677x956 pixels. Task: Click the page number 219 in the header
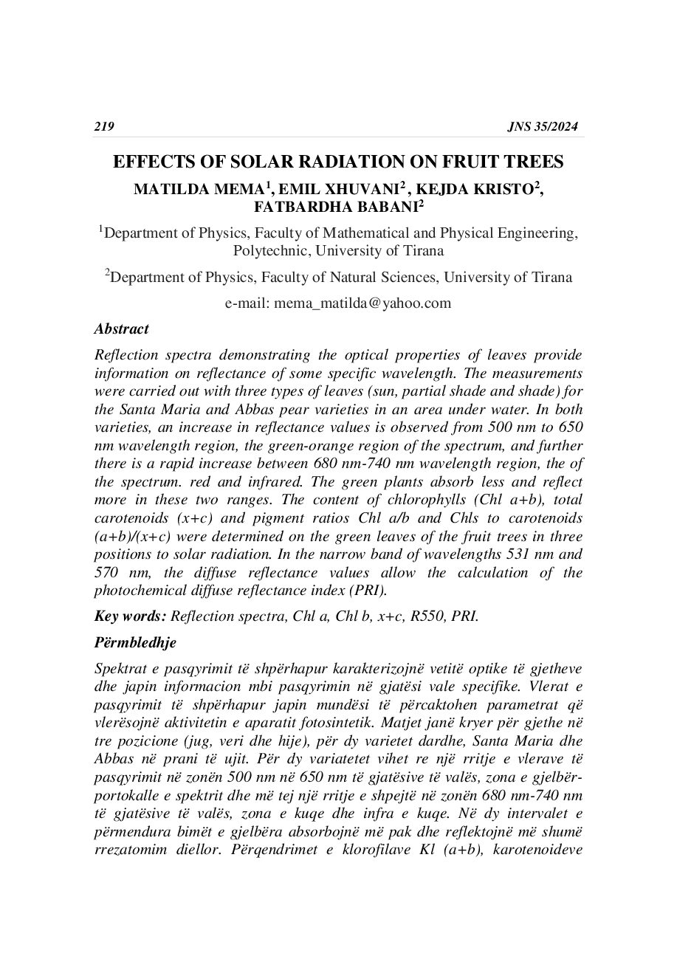104,127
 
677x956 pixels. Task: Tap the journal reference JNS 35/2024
543,127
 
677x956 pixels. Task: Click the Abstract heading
122,329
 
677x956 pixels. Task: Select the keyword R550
425,616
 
